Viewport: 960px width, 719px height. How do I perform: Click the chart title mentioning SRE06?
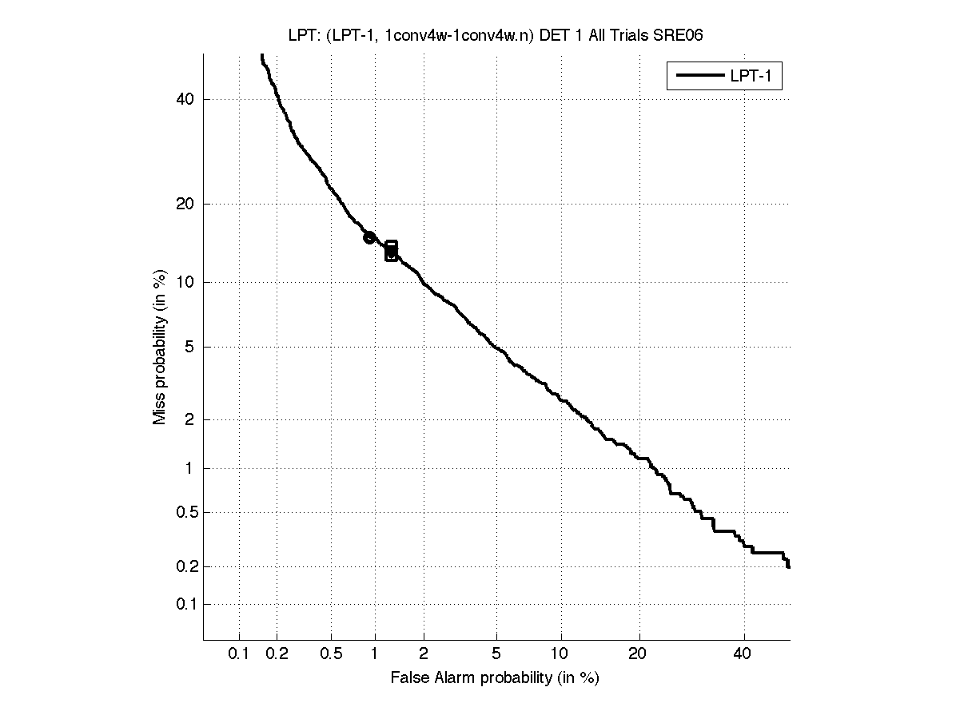496,35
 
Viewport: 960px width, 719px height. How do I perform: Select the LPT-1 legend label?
749,77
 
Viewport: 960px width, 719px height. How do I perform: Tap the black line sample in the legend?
698,77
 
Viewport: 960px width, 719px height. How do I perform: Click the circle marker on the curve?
369,237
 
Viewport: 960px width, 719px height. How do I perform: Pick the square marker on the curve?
391,251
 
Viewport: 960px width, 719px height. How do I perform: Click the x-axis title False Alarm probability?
495,678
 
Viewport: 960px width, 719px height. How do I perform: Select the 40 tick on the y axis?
186,99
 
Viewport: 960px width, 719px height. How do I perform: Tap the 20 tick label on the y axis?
186,204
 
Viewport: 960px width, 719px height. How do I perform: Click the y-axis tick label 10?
186,282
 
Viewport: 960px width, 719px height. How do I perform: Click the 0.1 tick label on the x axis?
239,654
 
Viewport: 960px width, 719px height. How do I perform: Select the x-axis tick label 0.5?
330,654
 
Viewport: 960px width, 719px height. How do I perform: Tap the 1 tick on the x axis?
375,654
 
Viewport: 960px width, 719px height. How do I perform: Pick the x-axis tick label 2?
424,654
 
